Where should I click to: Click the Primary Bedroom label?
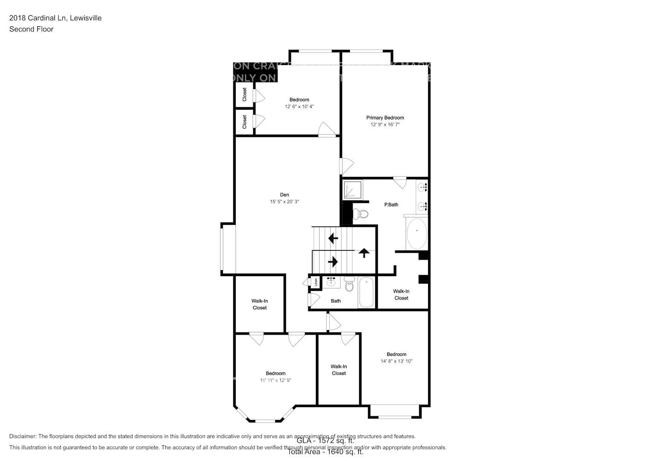(x=385, y=118)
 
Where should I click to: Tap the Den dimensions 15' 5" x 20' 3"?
(x=285, y=201)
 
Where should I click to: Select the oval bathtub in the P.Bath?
(x=417, y=233)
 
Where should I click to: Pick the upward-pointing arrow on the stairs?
(x=364, y=253)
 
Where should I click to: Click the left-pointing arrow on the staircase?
(x=332, y=238)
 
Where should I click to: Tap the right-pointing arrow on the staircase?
(x=332, y=262)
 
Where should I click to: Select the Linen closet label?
(x=316, y=281)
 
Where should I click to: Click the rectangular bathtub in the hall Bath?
(x=367, y=292)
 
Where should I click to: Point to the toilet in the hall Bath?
(x=349, y=284)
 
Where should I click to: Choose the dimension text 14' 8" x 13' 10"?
(x=396, y=361)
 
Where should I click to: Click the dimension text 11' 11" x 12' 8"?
(x=275, y=380)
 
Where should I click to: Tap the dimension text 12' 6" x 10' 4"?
(x=299, y=106)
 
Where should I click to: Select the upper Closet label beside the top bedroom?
(x=244, y=95)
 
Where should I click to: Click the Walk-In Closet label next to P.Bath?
(x=401, y=295)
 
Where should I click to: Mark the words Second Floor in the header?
(x=31, y=29)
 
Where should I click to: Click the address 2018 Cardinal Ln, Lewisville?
(x=55, y=18)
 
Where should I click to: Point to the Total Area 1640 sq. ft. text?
(x=325, y=452)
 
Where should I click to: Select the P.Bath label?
(x=391, y=205)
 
